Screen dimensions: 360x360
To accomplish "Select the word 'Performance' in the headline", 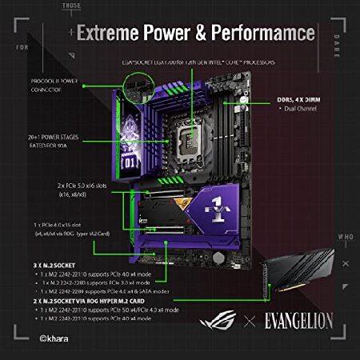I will pos(248,34).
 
